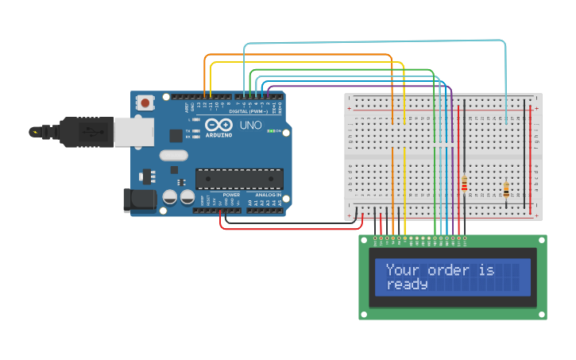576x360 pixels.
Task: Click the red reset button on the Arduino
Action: click(145, 103)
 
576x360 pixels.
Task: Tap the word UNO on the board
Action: click(251, 126)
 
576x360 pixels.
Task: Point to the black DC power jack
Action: click(140, 199)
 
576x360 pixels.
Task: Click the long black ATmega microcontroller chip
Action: click(239, 179)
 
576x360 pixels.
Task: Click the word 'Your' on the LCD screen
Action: click(402, 270)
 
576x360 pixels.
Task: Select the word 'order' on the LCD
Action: click(448, 270)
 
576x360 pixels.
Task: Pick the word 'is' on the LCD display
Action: click(486, 270)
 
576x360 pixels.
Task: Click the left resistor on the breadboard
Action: click(464, 184)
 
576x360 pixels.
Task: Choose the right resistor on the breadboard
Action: click(506, 189)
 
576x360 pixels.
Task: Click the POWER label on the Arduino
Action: click(231, 195)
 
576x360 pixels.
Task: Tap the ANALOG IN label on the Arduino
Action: click(268, 195)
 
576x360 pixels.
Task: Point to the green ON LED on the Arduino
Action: click(270, 131)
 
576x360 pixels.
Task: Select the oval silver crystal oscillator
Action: click(173, 156)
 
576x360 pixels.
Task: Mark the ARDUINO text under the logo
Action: click(219, 135)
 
